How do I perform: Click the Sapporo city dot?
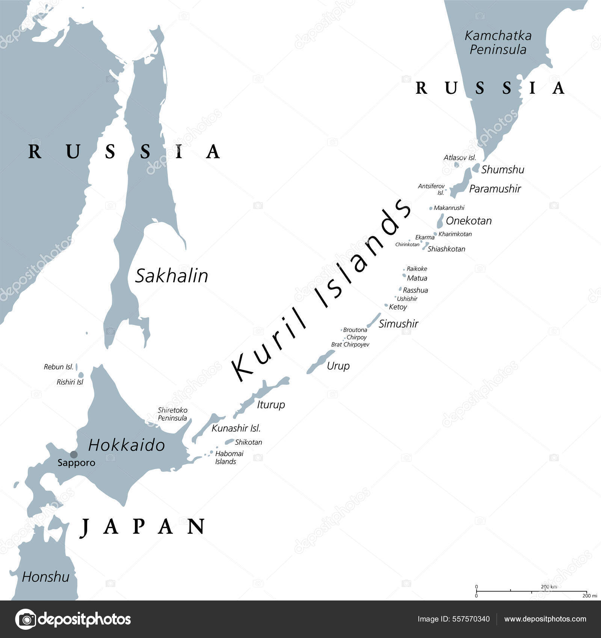[x=74, y=454]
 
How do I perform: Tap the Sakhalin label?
[x=171, y=276]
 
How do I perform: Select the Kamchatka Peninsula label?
[x=498, y=42]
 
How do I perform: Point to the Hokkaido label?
[x=127, y=445]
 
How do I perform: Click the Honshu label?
[x=45, y=576]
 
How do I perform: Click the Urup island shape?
[x=320, y=362]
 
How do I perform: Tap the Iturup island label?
[x=271, y=405]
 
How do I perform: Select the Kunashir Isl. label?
[x=236, y=428]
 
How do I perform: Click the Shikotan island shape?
[x=230, y=442]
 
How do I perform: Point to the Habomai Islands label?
[x=229, y=457]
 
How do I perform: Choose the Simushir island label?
[x=398, y=324]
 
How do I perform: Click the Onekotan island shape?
[x=440, y=221]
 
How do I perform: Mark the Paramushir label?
[x=495, y=189]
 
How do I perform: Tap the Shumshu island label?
[x=503, y=170]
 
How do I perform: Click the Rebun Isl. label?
[x=59, y=367]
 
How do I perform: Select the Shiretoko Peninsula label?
[x=172, y=414]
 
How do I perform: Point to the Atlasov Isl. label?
[x=460, y=158]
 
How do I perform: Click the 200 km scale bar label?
[x=549, y=587]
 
